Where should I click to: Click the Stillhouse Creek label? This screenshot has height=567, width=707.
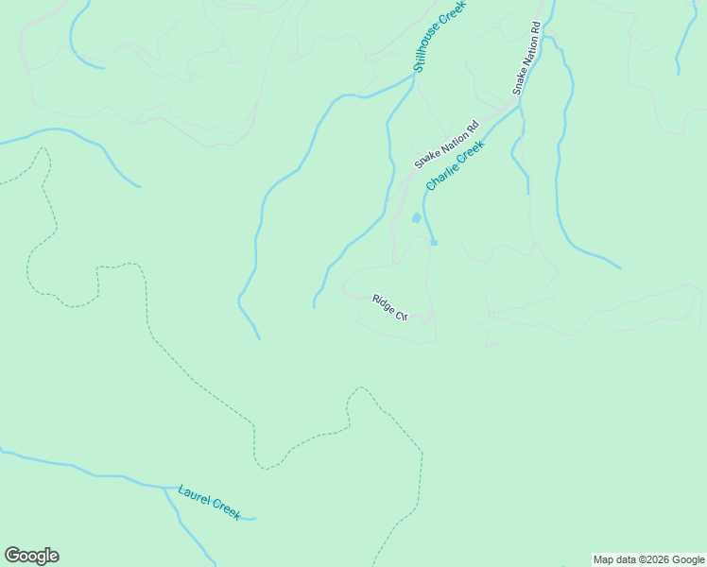[440, 36]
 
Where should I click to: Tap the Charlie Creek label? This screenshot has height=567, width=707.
[455, 165]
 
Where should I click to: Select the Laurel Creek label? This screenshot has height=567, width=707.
[209, 502]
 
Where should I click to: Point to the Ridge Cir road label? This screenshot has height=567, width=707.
[388, 307]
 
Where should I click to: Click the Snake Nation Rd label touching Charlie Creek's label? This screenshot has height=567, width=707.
[447, 145]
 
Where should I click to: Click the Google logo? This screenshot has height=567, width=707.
[31, 556]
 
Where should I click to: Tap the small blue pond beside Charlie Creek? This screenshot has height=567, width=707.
[416, 218]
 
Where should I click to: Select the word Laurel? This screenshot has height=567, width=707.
[194, 494]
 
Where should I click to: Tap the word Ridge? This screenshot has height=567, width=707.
[383, 303]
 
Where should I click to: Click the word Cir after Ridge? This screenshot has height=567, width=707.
[400, 314]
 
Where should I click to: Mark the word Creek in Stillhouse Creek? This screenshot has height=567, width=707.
[456, 14]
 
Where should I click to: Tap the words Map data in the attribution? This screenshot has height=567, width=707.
[614, 559]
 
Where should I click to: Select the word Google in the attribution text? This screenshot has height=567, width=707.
[688, 559]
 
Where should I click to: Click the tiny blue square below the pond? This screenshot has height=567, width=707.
[434, 243]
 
